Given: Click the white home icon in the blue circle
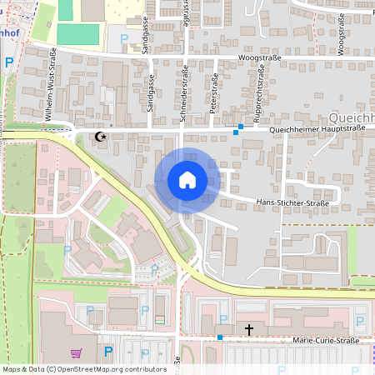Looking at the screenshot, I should [x=187, y=180].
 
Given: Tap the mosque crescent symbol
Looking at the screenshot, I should [x=102, y=136].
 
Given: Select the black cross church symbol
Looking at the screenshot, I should [x=247, y=330].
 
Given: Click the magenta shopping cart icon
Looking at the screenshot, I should [x=77, y=353].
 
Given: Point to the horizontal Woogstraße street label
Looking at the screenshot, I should [x=257, y=57].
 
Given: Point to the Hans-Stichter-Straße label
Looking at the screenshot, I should [x=292, y=202].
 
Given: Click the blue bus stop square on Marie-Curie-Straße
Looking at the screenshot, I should [x=220, y=337].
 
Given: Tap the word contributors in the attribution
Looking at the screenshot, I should [x=144, y=368].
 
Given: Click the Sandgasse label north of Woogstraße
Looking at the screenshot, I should [x=144, y=39].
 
